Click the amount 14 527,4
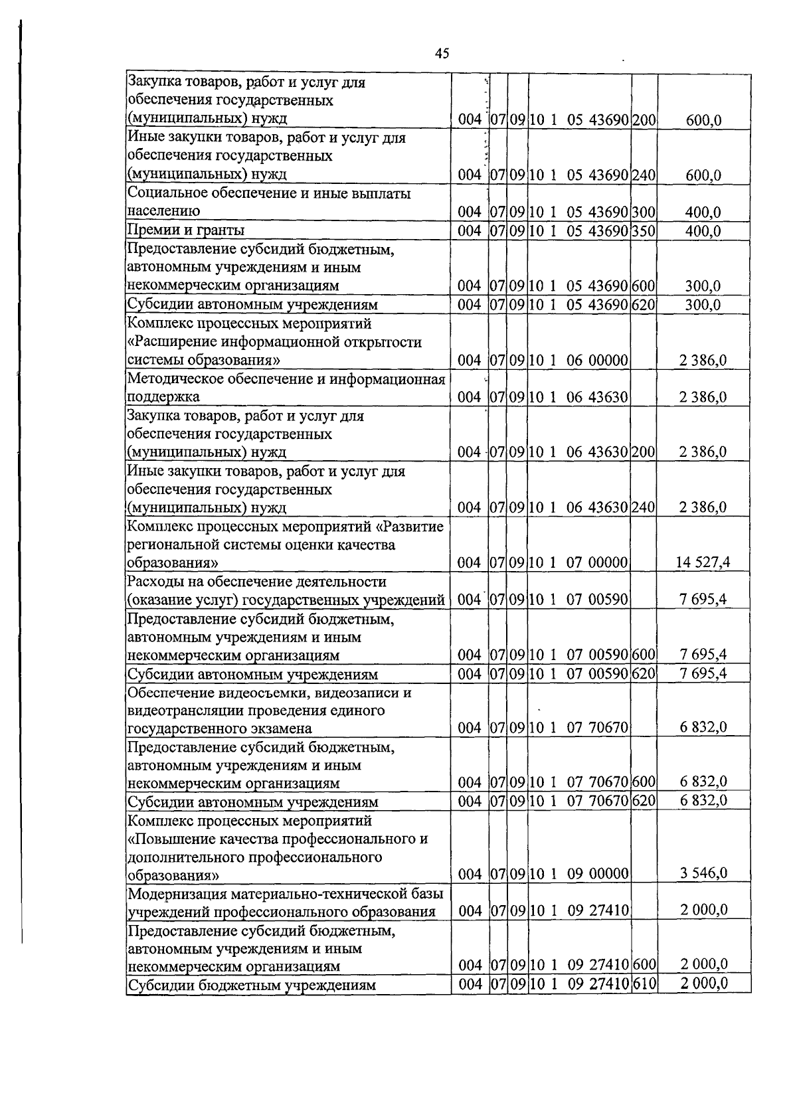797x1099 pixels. [703, 562]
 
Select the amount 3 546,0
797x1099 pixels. [703, 873]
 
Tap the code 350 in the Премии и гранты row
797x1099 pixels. [644, 230]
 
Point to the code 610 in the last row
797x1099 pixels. [644, 983]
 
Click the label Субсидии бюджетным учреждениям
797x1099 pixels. [252, 985]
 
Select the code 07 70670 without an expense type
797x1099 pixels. [597, 727]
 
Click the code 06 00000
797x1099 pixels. [597, 361]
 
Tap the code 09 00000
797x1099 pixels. [597, 873]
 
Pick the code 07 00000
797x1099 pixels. [597, 563]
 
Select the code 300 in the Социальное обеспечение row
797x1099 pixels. [644, 212]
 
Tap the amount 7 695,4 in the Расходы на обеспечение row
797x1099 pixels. [703, 599]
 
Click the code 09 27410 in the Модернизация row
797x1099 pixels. [597, 910]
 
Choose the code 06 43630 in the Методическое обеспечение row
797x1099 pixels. [597, 397]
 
